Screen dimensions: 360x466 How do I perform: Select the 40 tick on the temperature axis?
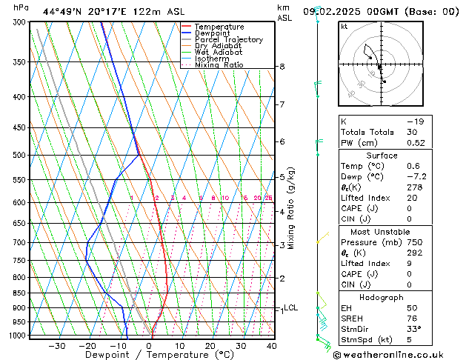(271, 345)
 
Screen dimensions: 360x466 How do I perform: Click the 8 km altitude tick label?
(282, 67)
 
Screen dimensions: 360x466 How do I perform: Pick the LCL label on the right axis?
(291, 307)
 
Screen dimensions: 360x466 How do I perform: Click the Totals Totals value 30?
(412, 132)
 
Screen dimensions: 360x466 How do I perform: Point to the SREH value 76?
(412, 319)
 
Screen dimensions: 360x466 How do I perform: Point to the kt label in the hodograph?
(344, 27)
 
